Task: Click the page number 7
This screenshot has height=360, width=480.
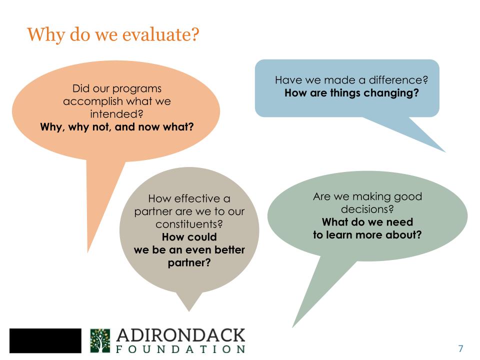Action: click(460, 348)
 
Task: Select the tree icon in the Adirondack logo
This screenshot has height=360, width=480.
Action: click(99, 340)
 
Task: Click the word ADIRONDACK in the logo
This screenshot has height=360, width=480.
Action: click(181, 334)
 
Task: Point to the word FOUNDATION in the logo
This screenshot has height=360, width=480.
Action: click(181, 348)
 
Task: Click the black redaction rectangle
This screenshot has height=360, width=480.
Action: click(45, 340)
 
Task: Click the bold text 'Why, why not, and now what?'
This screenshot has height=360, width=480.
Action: click(116, 126)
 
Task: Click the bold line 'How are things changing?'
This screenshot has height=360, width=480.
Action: click(351, 92)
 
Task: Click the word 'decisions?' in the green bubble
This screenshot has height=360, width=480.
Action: click(367, 209)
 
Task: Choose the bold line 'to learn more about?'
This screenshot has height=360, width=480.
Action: click(367, 234)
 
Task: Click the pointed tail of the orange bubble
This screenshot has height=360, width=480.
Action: click(90, 247)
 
